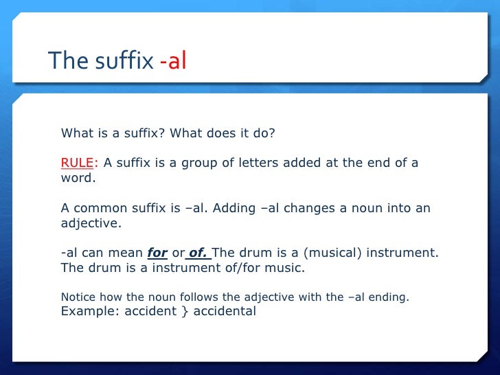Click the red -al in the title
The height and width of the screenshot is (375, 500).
pyautogui.click(x=173, y=61)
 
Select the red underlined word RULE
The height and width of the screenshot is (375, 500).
pyautogui.click(x=77, y=163)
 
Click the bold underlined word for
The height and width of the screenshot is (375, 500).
pyautogui.click(x=157, y=253)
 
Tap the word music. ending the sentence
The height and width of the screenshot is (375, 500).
pyautogui.click(x=285, y=268)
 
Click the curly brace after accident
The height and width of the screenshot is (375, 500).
pyautogui.click(x=166, y=311)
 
